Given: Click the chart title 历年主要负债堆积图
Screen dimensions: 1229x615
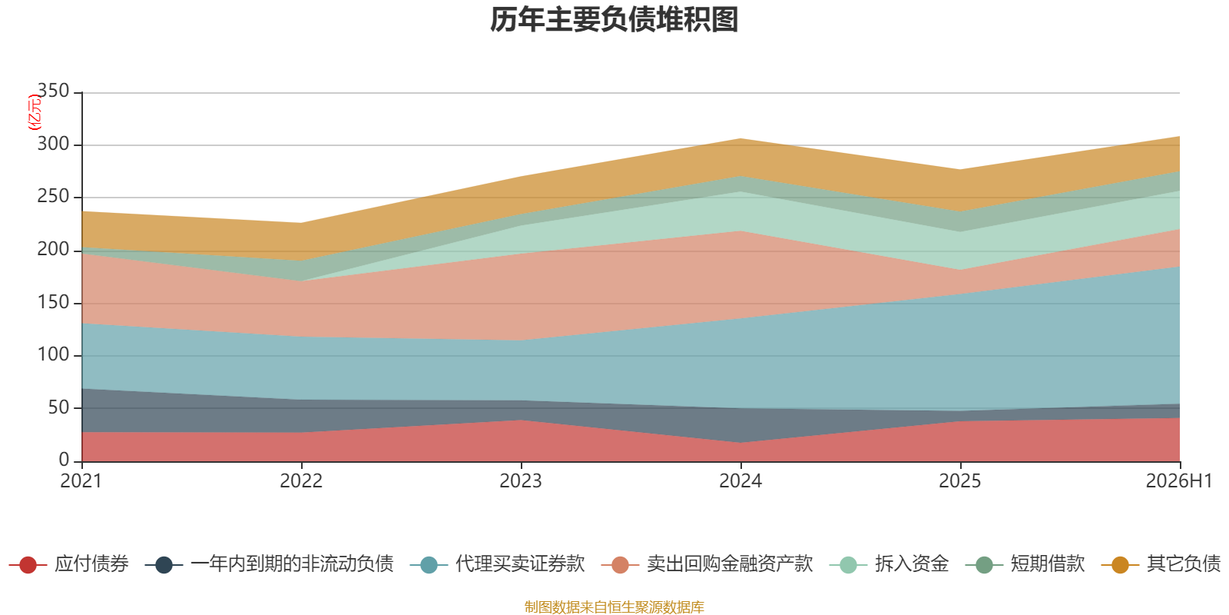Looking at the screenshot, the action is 614,20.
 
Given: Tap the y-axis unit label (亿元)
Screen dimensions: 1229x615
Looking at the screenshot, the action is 34,112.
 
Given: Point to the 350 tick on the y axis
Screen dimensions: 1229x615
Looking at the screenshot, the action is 53,91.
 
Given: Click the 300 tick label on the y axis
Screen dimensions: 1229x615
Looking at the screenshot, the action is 53,144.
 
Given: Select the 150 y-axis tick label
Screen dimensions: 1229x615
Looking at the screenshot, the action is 53,302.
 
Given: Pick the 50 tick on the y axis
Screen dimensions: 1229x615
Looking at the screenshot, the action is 58,407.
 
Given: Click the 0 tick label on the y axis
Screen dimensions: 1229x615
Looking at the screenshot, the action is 65,460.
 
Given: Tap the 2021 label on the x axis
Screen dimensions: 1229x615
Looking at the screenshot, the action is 81,481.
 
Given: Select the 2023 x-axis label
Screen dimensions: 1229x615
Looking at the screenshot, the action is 521,481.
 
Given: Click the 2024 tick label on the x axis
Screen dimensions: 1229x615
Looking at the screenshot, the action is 740,481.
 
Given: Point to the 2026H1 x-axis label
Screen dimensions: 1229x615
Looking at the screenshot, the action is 1178,481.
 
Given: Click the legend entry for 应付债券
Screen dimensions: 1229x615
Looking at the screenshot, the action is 69,564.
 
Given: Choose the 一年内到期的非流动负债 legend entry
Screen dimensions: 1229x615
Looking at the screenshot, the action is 270,564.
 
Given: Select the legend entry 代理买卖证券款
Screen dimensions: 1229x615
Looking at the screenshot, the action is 498,564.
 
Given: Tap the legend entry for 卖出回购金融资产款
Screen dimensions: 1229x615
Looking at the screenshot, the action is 707,564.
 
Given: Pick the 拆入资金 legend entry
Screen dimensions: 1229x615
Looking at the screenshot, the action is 889,564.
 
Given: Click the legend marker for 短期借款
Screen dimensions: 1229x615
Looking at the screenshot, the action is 984,564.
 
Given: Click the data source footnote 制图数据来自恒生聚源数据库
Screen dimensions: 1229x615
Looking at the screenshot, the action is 614,607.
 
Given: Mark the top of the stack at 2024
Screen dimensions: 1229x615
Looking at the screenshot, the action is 740,138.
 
